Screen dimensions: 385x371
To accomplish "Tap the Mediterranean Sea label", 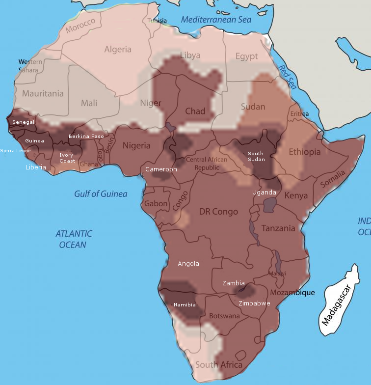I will coord(216,20).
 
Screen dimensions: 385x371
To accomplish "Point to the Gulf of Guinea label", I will coord(101,194).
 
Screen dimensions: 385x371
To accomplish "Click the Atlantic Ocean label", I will coord(74,239).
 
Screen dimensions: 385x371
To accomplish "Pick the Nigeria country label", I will coord(136,145).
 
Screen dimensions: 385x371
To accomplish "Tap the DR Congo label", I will coord(218,212).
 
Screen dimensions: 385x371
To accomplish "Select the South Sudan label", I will coord(256,156).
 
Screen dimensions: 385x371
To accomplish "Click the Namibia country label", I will coord(185,304).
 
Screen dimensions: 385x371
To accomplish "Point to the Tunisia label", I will coord(157,21).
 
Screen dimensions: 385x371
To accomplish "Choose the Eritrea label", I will coord(299,114).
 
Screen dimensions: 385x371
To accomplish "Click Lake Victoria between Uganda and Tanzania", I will coord(270,205).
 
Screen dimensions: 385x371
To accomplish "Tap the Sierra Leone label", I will coord(15,151).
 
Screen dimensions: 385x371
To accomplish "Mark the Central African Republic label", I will coord(207,164).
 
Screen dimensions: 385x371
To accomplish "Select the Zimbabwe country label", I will coord(254,303).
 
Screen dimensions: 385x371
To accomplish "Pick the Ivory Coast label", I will coord(67,158).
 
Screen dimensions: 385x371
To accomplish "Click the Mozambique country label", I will coord(292,293).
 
